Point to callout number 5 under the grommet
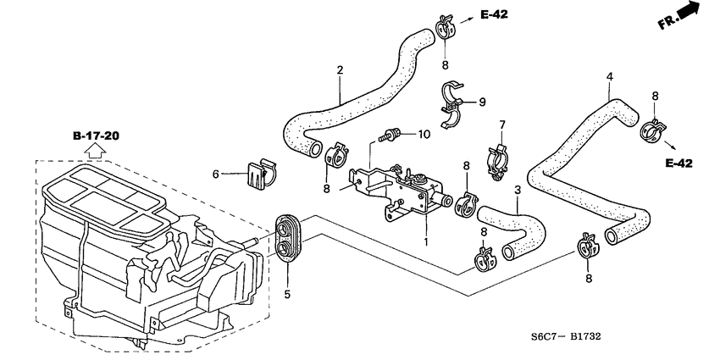[x=286, y=295]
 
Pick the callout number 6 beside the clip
[x=216, y=174]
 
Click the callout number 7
[x=501, y=125]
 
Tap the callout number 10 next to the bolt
[x=424, y=134]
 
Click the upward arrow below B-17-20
[x=95, y=152]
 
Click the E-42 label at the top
[x=496, y=14]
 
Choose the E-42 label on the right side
[x=679, y=163]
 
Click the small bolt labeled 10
[x=390, y=134]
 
